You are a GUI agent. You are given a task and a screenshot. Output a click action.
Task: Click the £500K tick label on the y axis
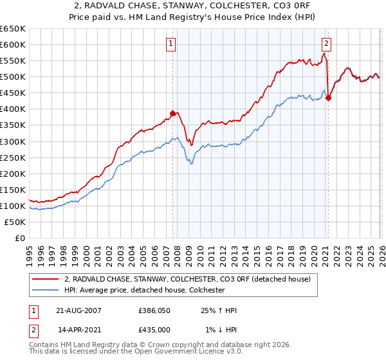click(x=12, y=76)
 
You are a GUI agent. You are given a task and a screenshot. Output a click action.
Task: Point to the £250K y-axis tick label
click(x=12, y=157)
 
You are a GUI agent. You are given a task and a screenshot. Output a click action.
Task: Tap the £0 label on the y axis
click(x=19, y=238)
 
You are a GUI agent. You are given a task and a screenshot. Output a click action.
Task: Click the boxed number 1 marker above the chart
click(x=172, y=44)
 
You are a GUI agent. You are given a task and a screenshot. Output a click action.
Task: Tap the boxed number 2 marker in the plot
click(x=327, y=44)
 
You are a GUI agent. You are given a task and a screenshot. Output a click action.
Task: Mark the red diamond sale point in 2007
click(x=172, y=113)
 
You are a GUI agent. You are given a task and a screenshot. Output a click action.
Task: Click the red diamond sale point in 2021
click(x=328, y=98)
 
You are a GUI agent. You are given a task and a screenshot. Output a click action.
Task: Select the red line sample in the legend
click(x=46, y=279)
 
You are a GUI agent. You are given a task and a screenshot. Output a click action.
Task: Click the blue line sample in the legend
click(x=46, y=290)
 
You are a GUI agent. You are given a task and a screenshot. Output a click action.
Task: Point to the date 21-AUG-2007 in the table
click(x=80, y=310)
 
